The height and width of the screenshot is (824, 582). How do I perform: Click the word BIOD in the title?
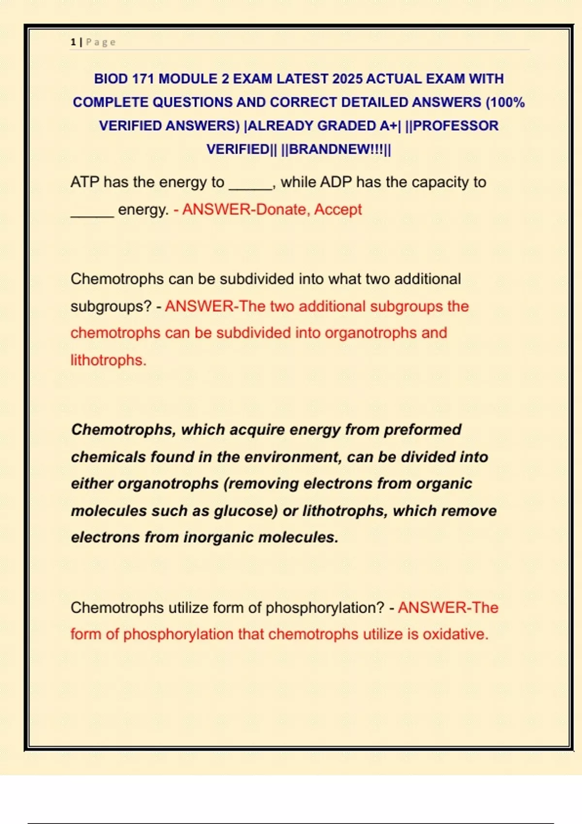coord(111,79)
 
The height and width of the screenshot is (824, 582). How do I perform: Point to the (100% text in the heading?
coord(505,102)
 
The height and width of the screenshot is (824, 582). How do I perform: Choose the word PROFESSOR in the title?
coord(455,126)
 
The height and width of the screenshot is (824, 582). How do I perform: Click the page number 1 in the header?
coord(73,42)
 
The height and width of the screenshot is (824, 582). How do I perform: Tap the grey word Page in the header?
coord(101,42)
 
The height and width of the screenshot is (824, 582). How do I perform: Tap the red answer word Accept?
coord(338,209)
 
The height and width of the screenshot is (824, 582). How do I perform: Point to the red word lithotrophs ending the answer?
coord(108,360)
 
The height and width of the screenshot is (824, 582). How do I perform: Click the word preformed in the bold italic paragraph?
coord(422,429)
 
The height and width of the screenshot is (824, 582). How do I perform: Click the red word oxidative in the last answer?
coord(455,634)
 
